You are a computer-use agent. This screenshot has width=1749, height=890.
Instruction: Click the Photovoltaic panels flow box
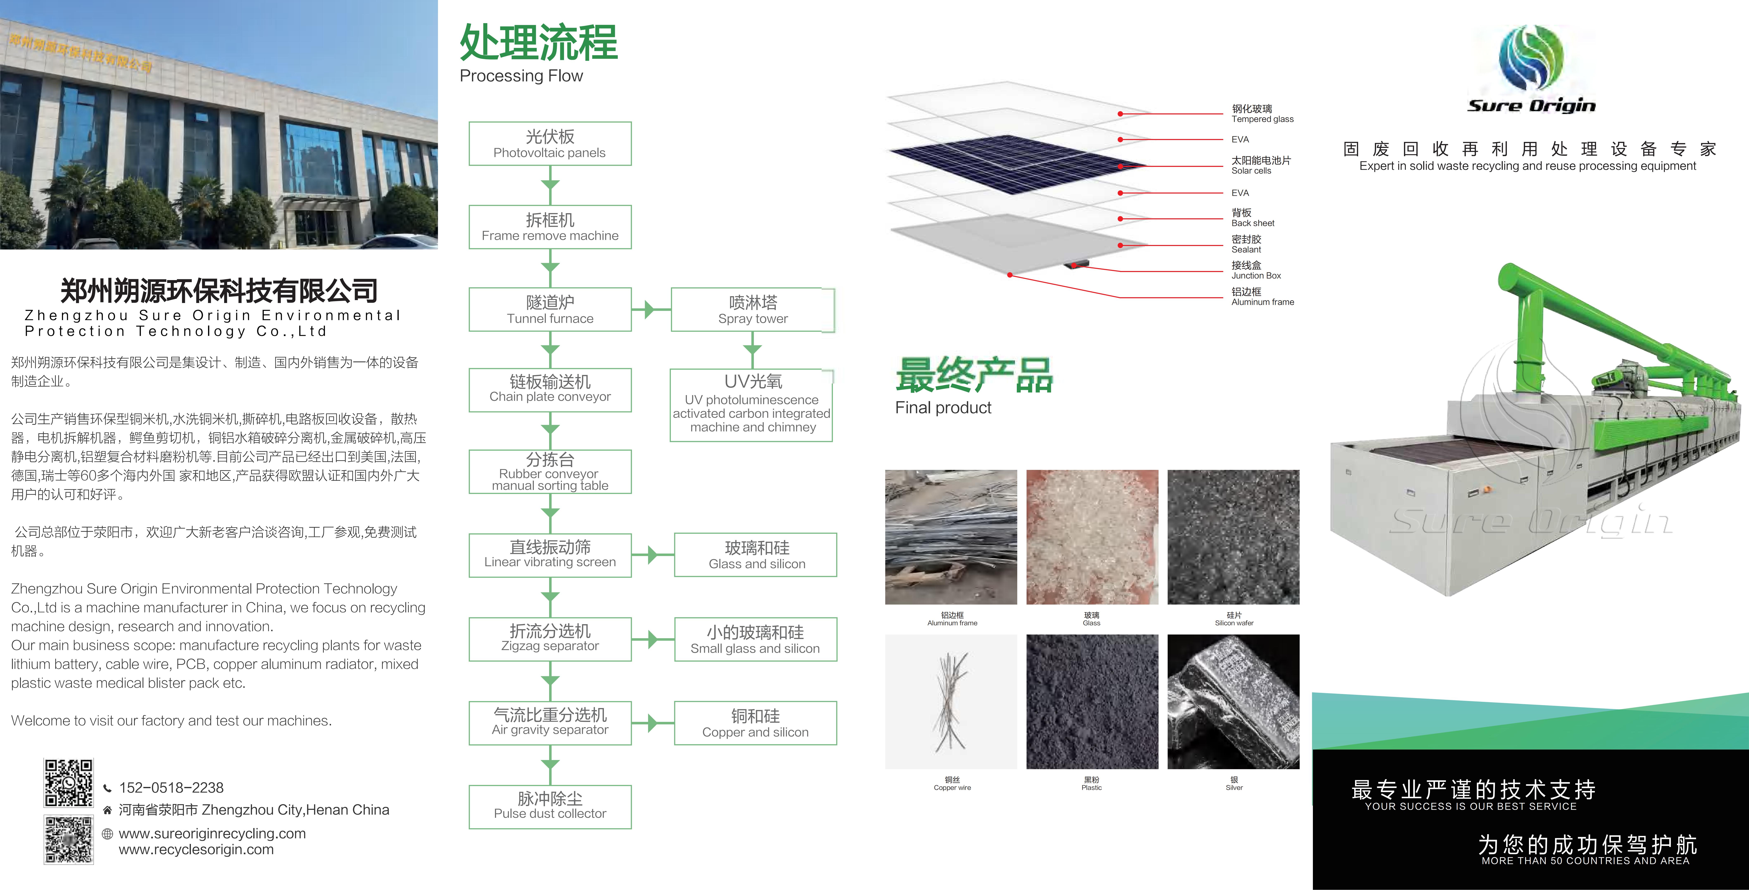click(550, 144)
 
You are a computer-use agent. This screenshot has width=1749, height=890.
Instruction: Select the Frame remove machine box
click(550, 227)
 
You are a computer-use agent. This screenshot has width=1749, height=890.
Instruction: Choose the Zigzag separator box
click(550, 639)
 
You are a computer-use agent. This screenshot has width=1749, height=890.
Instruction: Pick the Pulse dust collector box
click(550, 807)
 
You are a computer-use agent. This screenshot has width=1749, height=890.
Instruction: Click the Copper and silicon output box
click(755, 723)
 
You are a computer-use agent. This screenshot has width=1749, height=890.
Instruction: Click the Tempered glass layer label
click(1262, 113)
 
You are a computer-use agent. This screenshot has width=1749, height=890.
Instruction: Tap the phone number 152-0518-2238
click(171, 788)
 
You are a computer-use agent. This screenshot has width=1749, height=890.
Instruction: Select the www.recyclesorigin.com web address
click(196, 849)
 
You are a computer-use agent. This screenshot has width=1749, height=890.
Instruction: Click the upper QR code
click(69, 783)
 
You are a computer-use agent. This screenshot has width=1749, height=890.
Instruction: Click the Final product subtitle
click(943, 407)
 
